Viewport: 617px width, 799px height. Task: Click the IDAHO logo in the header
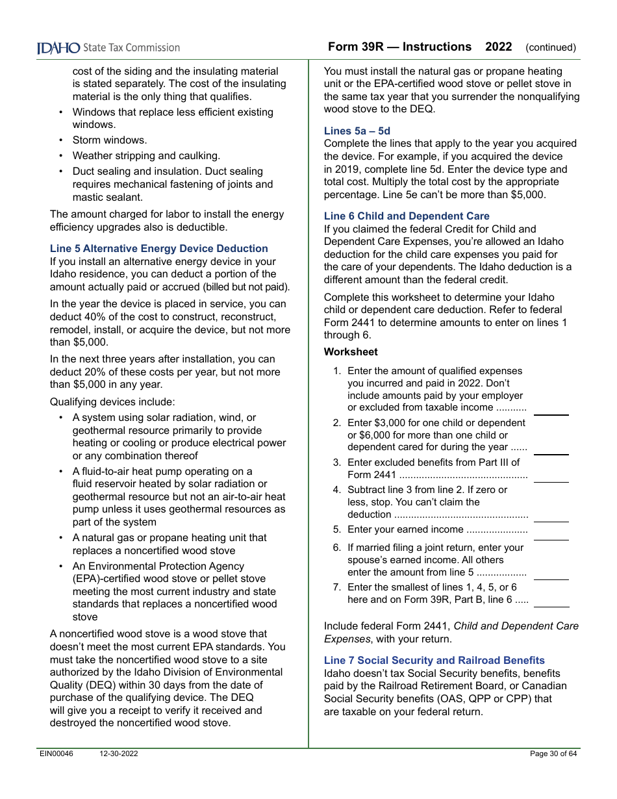tap(58, 48)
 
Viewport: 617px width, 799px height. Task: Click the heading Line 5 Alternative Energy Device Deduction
tap(158, 248)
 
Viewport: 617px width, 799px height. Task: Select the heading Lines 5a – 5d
tap(357, 131)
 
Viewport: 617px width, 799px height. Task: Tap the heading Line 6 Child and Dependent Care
tap(407, 216)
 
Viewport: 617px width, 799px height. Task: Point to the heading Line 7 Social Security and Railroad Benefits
tap(434, 660)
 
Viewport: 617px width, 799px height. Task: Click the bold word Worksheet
tap(350, 351)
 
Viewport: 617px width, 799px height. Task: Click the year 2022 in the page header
tap(498, 47)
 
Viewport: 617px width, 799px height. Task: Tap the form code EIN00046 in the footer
tap(57, 754)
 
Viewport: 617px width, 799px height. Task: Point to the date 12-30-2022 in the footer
tap(119, 754)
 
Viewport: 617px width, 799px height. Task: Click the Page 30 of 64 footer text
tap(553, 754)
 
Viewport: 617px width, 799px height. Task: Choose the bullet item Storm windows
tap(110, 140)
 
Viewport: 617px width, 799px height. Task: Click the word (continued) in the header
tap(550, 47)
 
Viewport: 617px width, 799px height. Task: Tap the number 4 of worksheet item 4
tap(336, 490)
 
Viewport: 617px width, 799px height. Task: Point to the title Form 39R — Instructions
tap(399, 47)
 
